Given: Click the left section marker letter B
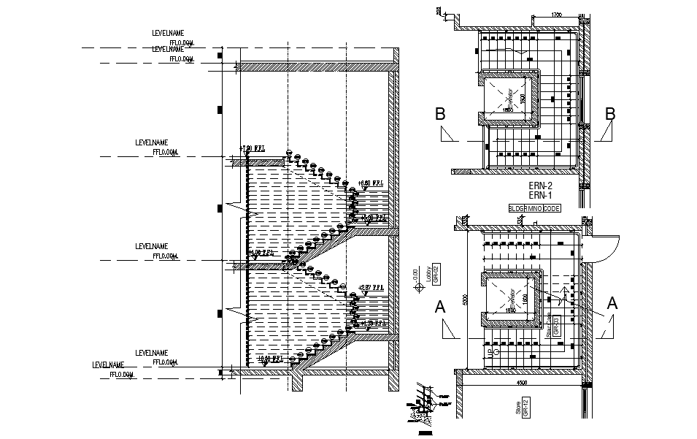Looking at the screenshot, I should tap(440, 114).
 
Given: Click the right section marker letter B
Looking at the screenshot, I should tap(610, 114).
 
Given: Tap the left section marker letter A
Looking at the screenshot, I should tap(440, 307).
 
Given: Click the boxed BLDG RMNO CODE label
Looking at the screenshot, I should tap(534, 208).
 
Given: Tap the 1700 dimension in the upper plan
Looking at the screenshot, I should tap(555, 15).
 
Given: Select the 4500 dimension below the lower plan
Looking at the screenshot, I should tap(521, 382).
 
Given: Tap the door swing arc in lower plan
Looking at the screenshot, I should tap(606, 248).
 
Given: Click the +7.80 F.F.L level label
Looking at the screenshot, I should tap(251, 149).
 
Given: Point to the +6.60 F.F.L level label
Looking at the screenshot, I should tap(371, 183).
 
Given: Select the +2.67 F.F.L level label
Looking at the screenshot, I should tap(371, 288).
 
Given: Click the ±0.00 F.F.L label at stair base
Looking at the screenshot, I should tap(270, 359).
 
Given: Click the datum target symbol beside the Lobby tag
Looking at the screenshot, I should tap(420, 288).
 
